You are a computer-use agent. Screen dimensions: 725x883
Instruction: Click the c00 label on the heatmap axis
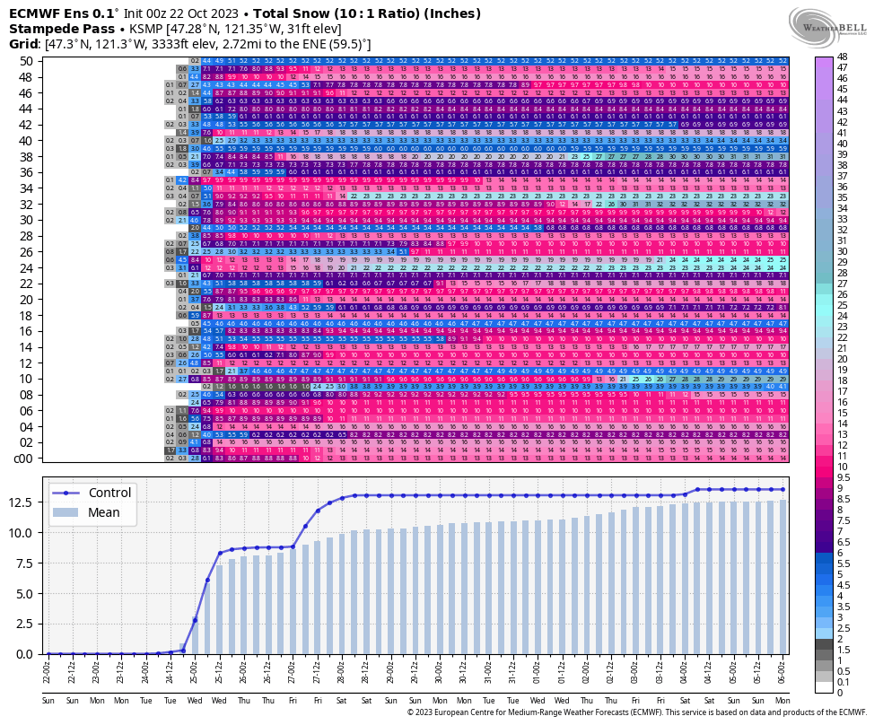pyautogui.click(x=23, y=459)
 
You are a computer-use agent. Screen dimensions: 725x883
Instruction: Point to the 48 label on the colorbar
pyautogui.click(x=843, y=57)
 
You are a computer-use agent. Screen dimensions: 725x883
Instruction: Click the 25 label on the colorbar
pyautogui.click(x=843, y=304)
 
